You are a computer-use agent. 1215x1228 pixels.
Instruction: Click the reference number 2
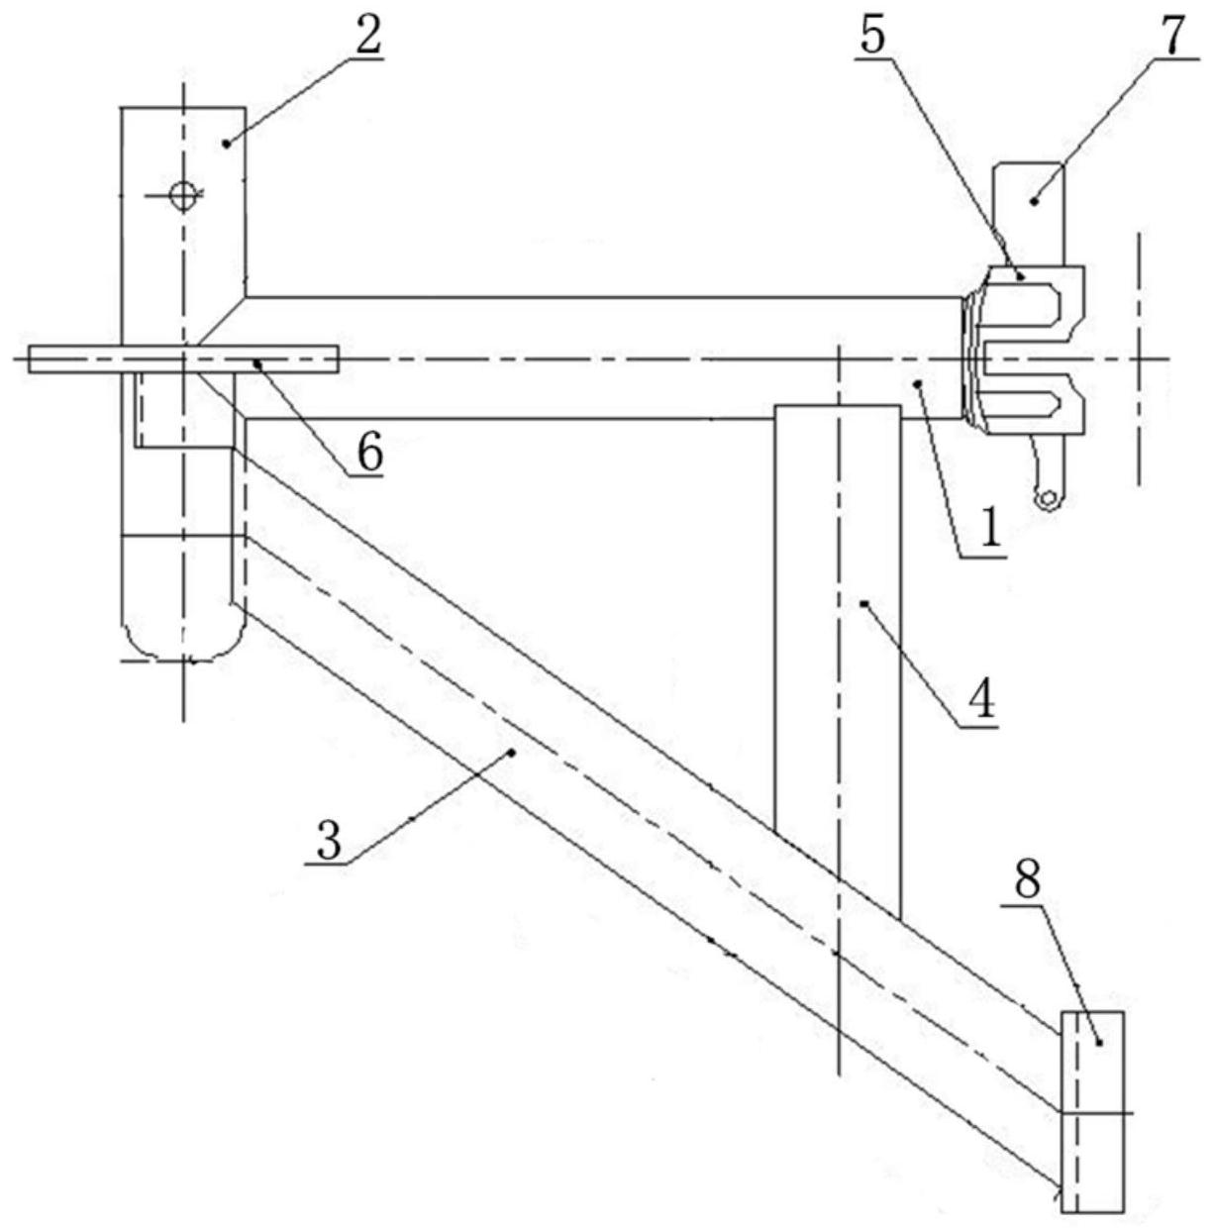[x=368, y=36]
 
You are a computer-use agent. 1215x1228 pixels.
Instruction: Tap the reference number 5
[x=872, y=36]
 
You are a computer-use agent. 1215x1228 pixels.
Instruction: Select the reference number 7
[x=1171, y=36]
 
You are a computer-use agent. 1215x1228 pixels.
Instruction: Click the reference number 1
[x=990, y=528]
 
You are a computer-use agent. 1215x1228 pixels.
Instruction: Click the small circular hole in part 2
[x=183, y=196]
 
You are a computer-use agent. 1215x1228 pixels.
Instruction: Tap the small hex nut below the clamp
[x=1046, y=499]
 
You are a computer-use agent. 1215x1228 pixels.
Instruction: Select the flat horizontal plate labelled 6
[x=182, y=359]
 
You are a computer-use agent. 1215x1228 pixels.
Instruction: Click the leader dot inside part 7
[x=1034, y=201]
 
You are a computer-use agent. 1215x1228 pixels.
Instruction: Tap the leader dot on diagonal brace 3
[x=511, y=753]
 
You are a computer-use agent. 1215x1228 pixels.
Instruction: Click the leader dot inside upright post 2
[x=226, y=144]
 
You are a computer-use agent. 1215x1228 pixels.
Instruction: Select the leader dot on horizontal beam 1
[x=917, y=383]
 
